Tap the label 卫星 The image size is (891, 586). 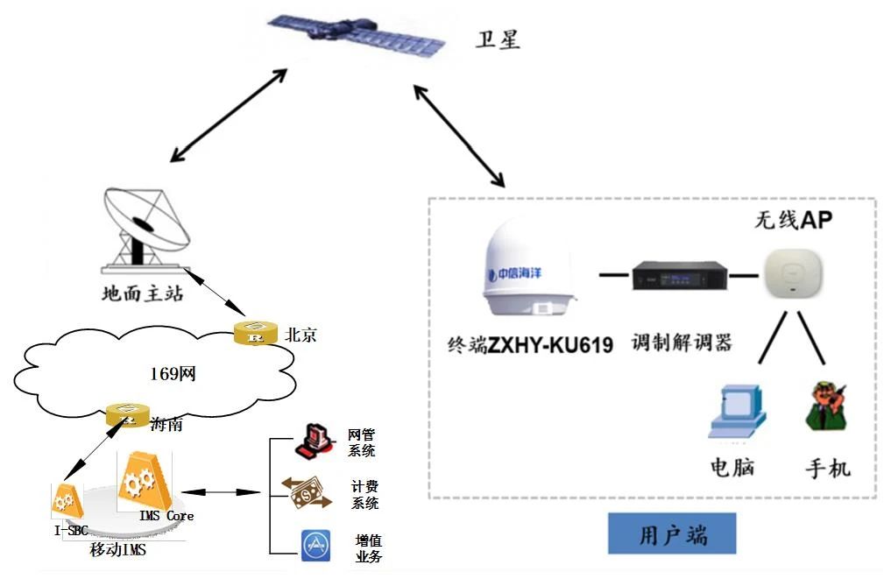(x=498, y=39)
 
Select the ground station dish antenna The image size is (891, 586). (x=144, y=227)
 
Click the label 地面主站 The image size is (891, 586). (x=143, y=293)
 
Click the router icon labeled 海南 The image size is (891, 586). (x=127, y=414)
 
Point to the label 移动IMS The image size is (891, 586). (x=118, y=550)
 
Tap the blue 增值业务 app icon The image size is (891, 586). (x=315, y=545)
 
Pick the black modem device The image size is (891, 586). (x=681, y=276)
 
